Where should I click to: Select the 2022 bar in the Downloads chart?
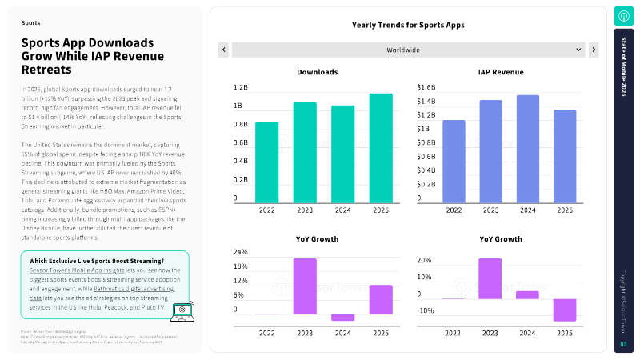click(x=266, y=162)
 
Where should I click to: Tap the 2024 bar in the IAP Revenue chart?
click(x=527, y=148)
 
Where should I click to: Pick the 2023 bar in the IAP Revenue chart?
click(x=490, y=150)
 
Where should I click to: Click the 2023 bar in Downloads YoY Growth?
click(x=304, y=286)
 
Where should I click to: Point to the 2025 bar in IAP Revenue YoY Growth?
click(x=565, y=310)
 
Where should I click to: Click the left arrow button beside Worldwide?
click(x=224, y=50)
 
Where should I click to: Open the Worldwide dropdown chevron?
click(x=578, y=50)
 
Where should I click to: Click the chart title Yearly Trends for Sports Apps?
click(x=408, y=25)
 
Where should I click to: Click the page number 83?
click(x=623, y=344)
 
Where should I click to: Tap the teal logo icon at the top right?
click(x=623, y=16)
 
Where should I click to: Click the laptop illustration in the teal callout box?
click(x=183, y=314)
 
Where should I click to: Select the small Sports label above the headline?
click(x=30, y=23)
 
